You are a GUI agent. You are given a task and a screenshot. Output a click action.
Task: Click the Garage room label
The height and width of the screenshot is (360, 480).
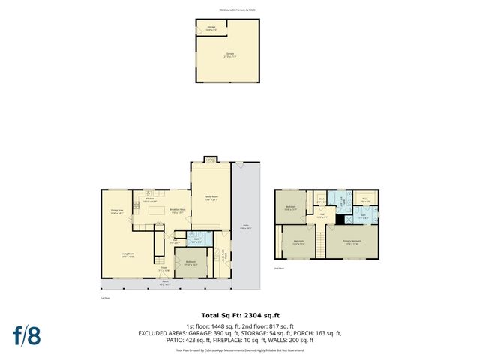pyautogui.click(x=229, y=55)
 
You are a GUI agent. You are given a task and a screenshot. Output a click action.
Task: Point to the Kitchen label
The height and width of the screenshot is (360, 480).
pyautogui.click(x=148, y=200)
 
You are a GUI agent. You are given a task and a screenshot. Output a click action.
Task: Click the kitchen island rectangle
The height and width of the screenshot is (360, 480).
pyautogui.click(x=157, y=211)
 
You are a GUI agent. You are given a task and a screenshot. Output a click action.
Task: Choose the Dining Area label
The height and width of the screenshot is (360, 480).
pyautogui.click(x=117, y=212)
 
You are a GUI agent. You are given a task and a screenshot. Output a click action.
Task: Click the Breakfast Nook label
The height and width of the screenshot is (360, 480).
pyautogui.click(x=178, y=211)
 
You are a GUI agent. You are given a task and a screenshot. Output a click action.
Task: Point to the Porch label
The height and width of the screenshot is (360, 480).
pyautogui.click(x=164, y=283)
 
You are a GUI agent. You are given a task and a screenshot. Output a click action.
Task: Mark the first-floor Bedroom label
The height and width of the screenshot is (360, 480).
pyautogui.click(x=190, y=262)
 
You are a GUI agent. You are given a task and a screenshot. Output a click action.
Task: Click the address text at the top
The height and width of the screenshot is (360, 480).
pyautogui.click(x=239, y=9)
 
